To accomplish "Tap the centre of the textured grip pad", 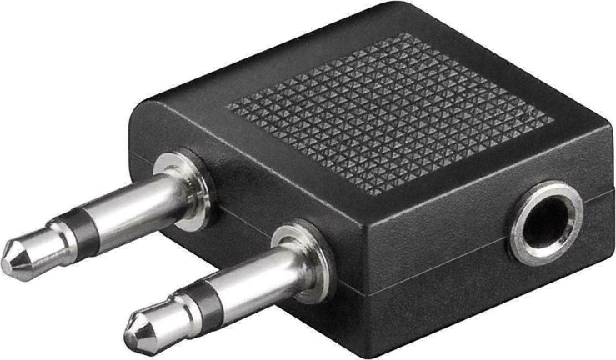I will (x=389, y=111).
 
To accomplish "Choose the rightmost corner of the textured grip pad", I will (x=553, y=119).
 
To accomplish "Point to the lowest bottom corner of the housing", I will (x=389, y=356).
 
